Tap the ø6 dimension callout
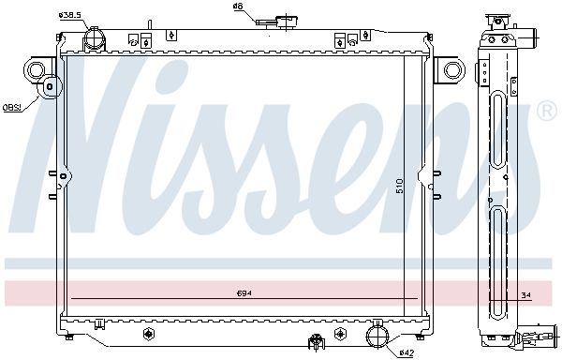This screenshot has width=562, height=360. point(238,7)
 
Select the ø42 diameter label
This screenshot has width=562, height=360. point(407,353)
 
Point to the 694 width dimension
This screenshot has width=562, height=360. point(244,293)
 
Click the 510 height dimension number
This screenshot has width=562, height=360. point(400,187)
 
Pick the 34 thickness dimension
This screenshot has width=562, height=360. point(526,295)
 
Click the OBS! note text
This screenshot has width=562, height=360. point(12,107)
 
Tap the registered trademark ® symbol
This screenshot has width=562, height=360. point(546,112)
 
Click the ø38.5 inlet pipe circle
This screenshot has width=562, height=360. point(95,38)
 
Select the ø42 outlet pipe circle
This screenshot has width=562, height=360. point(377,337)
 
